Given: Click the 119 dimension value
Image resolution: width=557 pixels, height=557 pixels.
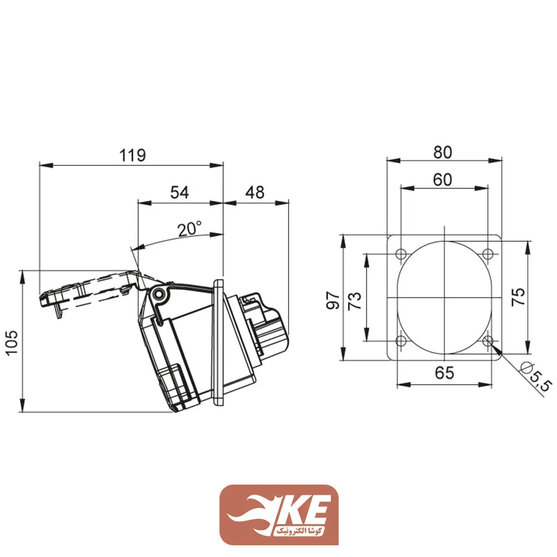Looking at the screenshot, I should [133, 155].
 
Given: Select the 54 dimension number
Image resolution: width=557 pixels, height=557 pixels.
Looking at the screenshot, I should [179, 192].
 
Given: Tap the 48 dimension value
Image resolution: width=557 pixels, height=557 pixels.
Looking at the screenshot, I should [255, 192].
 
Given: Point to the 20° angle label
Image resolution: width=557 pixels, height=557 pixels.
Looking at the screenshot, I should [189, 229].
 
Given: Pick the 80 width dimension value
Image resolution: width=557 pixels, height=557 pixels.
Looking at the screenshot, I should [444, 151].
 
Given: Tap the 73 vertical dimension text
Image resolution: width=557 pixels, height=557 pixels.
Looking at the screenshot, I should [355, 300].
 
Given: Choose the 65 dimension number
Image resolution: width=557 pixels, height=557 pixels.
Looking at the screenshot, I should [444, 373].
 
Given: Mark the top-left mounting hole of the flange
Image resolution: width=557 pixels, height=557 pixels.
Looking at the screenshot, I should [401, 255].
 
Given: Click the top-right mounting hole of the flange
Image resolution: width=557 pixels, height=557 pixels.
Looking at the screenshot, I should [488, 255].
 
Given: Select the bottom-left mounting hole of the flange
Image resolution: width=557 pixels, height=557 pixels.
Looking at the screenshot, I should [401, 341].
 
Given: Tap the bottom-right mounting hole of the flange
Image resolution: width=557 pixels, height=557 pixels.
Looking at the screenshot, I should [488, 341].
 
